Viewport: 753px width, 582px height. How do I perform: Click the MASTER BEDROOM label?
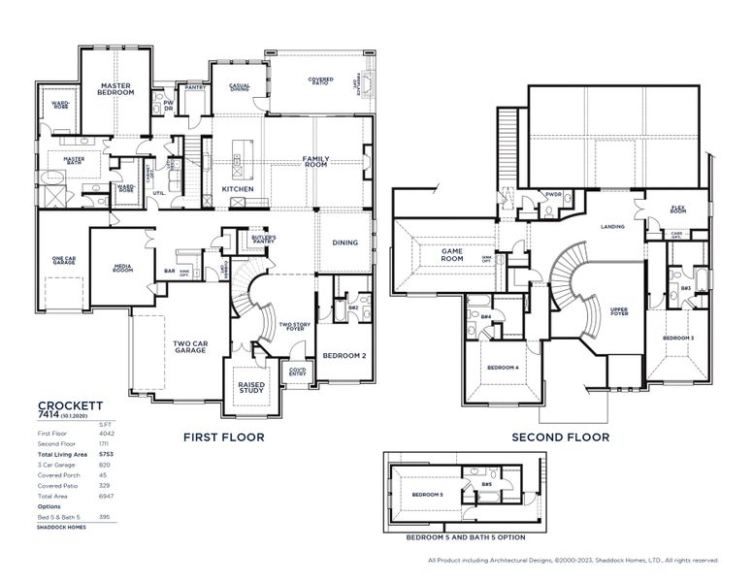pyautogui.click(x=115, y=89)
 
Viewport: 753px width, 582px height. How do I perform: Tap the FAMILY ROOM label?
pyautogui.click(x=315, y=161)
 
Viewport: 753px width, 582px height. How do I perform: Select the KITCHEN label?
pyautogui.click(x=238, y=189)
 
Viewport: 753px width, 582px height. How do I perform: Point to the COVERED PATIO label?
pyautogui.click(x=321, y=81)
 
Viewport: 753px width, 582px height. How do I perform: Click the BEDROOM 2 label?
pyautogui.click(x=344, y=356)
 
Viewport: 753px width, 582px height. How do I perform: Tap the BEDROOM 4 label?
pyautogui.click(x=503, y=368)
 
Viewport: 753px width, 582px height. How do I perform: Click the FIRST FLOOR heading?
pyautogui.click(x=224, y=437)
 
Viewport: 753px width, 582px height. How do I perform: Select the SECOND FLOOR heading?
pyautogui.click(x=561, y=437)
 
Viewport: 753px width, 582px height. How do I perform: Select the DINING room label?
pyautogui.click(x=344, y=242)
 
